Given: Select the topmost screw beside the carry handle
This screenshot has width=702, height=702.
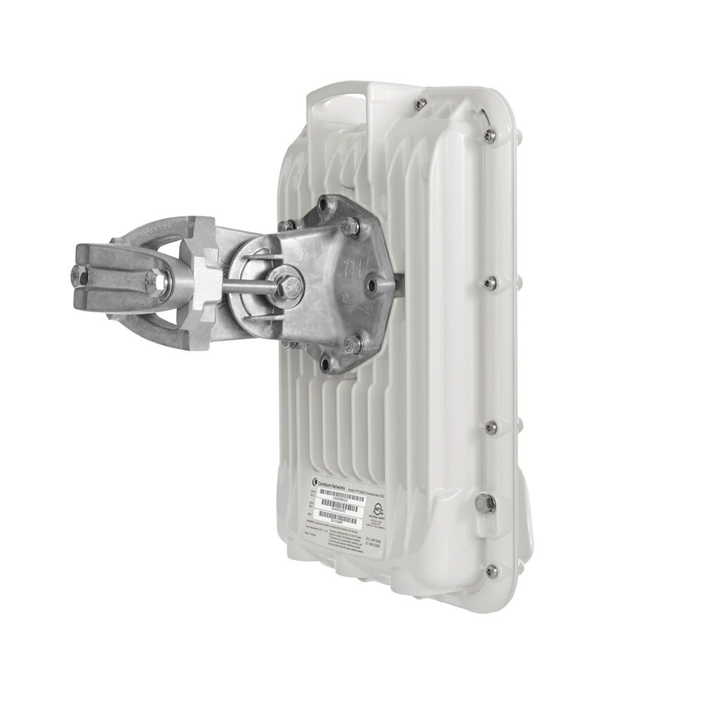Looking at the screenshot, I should pos(419,103).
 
